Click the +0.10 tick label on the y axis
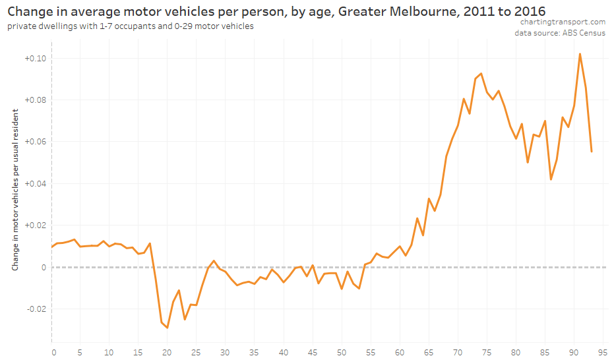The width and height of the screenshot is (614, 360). pos(36,58)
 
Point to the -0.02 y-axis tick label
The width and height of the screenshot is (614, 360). pos(36,309)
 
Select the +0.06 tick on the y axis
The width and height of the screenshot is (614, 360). pos(36,142)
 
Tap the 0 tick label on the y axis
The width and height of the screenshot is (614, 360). pos(43,267)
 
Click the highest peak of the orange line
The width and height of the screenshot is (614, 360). pos(580,54)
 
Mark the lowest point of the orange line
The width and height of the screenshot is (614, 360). pos(168,328)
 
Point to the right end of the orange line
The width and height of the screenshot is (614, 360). pos(592,152)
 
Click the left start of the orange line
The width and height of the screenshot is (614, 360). pos(52,247)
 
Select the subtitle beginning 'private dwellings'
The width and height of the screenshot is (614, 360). pos(130,26)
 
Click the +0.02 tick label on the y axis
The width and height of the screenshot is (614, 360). pos(36,225)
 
